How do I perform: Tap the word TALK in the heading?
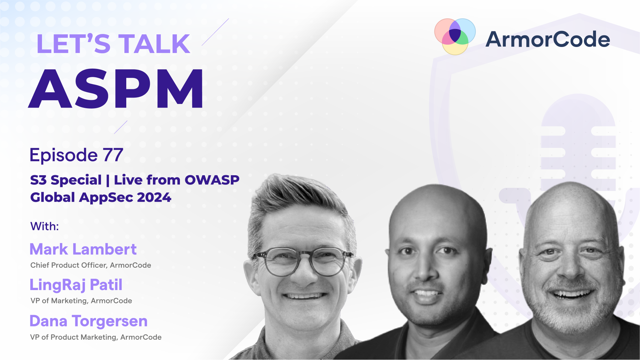(154, 44)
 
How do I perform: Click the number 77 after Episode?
(113, 155)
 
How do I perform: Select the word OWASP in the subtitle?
(212, 180)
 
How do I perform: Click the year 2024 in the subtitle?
(154, 197)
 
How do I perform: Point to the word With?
(45, 226)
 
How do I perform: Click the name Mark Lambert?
(83, 249)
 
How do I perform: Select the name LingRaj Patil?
(76, 285)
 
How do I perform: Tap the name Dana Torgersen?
(88, 321)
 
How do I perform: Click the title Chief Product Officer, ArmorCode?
(91, 265)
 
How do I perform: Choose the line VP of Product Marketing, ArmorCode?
(96, 337)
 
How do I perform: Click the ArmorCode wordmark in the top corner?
(548, 39)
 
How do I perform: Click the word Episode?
(63, 155)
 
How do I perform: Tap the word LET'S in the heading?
(73, 44)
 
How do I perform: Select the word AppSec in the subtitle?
(106, 197)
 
